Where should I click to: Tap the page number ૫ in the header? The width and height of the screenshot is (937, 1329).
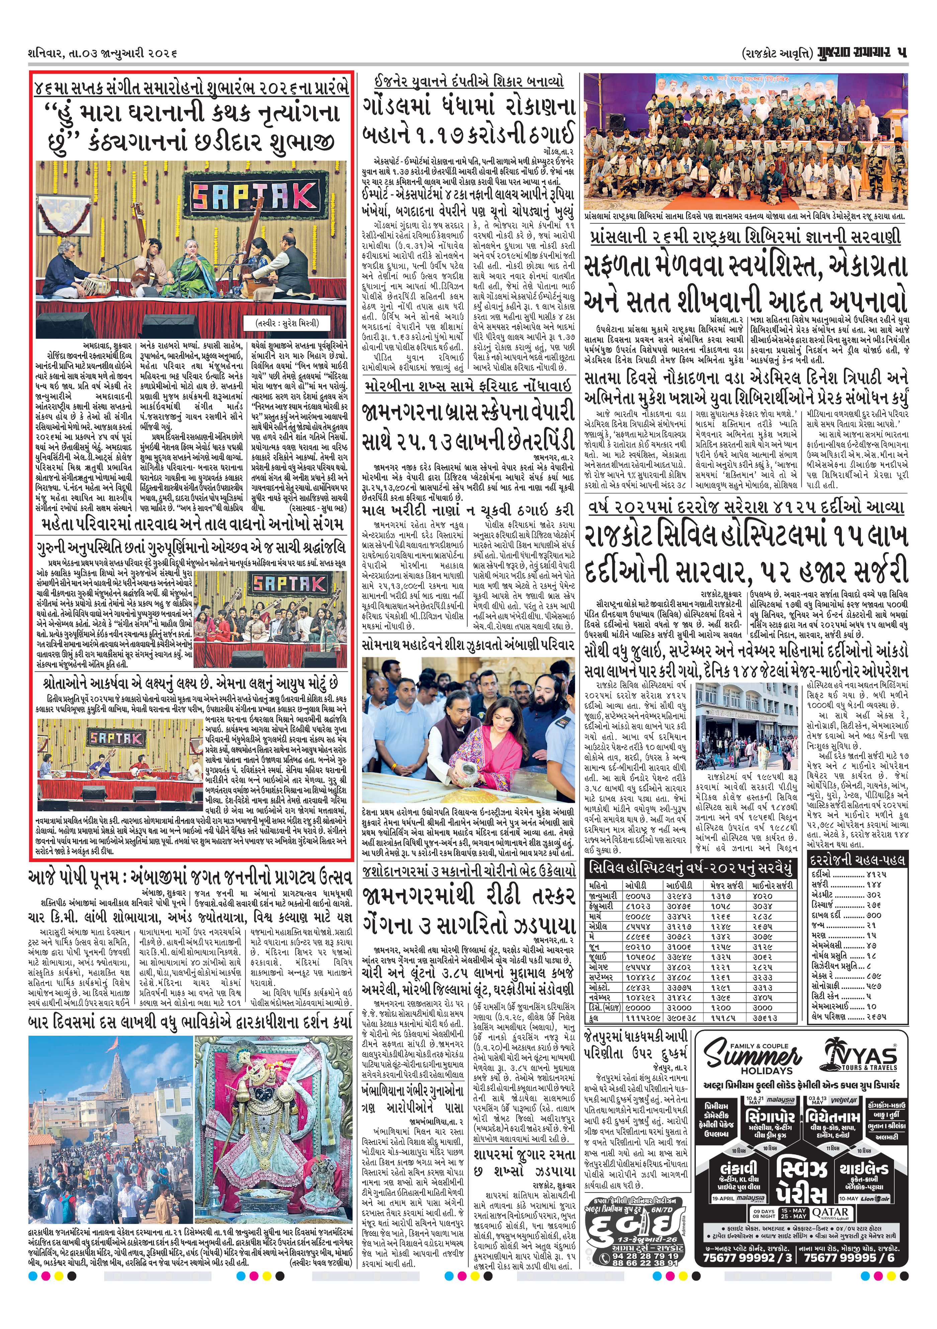(901, 53)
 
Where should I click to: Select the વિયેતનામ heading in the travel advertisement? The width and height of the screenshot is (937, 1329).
(833, 1118)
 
